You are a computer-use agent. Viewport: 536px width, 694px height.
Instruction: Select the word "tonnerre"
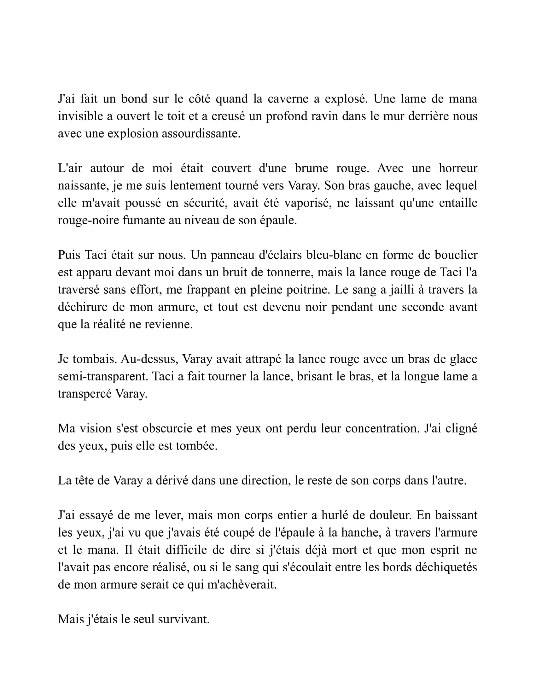coord(289,272)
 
